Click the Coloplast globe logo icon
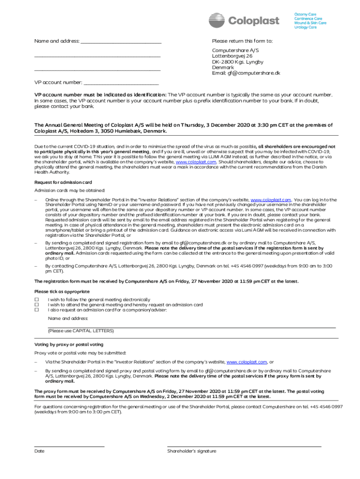click(217, 21)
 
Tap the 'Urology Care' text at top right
click(305, 28)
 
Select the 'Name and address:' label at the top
click(57, 41)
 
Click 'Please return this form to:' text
click(242, 41)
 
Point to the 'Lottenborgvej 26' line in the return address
click(232, 56)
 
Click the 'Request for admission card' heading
click(63, 182)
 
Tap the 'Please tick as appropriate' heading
click(62, 291)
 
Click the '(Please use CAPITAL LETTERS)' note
click(80, 331)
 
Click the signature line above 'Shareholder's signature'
click(244, 447)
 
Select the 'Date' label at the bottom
click(39, 451)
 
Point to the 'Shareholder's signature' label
click(192, 451)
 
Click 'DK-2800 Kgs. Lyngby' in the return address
click(238, 62)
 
